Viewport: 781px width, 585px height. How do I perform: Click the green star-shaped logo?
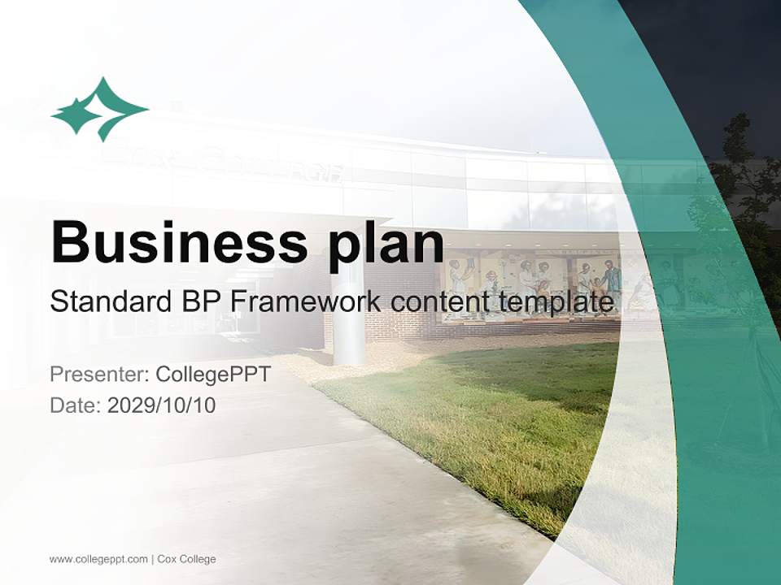(x=99, y=110)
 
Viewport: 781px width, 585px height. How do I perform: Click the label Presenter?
(x=99, y=374)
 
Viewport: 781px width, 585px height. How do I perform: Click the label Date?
(x=76, y=405)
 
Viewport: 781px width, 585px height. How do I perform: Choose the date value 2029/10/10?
(x=161, y=405)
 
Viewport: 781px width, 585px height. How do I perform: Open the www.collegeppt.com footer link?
(x=98, y=560)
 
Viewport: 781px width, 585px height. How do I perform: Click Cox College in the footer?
(x=187, y=560)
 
